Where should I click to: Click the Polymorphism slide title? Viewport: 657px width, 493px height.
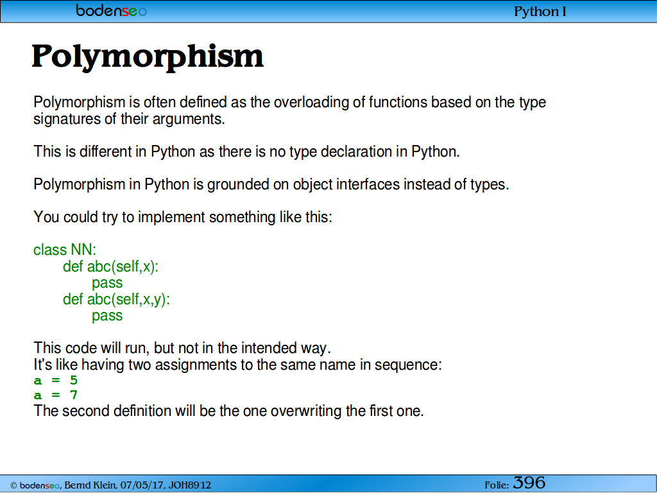click(x=148, y=57)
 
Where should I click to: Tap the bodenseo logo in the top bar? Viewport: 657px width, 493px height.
click(x=112, y=10)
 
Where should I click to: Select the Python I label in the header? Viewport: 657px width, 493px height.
click(x=540, y=12)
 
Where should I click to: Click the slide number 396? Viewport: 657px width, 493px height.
click(x=529, y=483)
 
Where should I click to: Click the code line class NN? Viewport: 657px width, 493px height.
click(x=65, y=250)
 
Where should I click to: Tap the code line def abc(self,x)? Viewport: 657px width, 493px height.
click(x=110, y=266)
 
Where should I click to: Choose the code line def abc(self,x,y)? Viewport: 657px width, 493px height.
click(x=117, y=299)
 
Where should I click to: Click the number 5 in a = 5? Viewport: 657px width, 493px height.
click(x=74, y=380)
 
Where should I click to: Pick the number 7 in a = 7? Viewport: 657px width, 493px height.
click(x=74, y=395)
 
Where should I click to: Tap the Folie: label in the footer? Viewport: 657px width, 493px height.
click(x=497, y=485)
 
